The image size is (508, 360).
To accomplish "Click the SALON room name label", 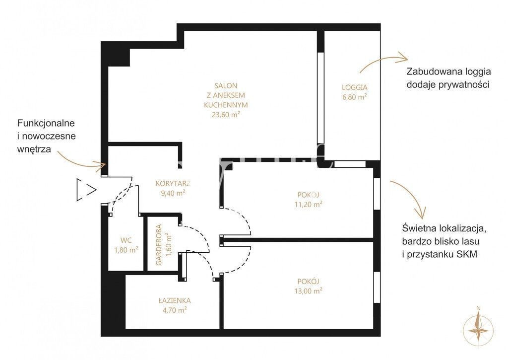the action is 226,85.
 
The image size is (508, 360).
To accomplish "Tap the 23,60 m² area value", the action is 226,114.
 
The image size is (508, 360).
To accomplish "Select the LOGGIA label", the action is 355,87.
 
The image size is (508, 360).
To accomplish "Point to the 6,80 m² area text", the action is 355,97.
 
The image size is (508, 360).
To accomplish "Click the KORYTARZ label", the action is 173,183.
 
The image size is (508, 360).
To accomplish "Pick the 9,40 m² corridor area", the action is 173,193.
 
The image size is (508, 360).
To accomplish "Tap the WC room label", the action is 126,240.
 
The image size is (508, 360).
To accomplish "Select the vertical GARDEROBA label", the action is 159,245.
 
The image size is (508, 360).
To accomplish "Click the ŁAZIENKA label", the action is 175,300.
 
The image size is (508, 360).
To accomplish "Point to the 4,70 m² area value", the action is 175,310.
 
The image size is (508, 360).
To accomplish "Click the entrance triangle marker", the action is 86,190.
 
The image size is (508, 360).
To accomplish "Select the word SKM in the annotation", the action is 467,254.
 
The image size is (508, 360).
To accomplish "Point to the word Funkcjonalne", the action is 46,123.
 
